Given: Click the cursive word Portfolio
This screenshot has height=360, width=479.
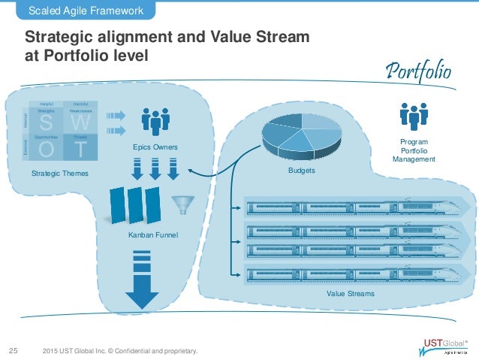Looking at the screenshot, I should point(419,72).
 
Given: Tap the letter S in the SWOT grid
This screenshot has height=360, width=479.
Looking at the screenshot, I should point(47,121).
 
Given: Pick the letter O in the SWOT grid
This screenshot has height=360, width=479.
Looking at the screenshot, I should point(47,150).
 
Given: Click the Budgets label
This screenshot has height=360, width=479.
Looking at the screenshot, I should point(301,171).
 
